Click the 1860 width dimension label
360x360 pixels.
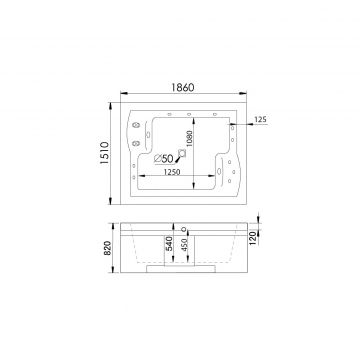tap(183, 87)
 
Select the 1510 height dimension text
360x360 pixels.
tap(104, 153)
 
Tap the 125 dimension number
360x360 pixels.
tap(261, 119)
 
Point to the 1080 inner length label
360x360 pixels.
tap(190, 139)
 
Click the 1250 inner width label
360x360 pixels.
tap(172, 172)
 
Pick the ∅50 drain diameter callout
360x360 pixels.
tap(164, 159)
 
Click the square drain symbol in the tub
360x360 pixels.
tap(182, 153)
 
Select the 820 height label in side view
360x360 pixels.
tap(107, 248)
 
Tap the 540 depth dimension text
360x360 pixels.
tap(169, 244)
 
